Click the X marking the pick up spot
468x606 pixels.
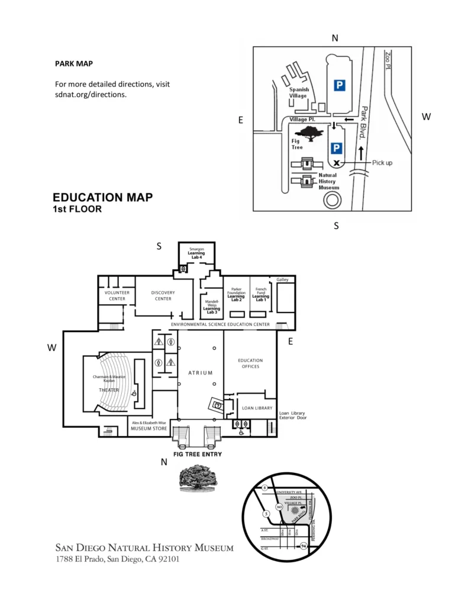coord(336,163)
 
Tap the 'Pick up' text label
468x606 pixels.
coord(382,163)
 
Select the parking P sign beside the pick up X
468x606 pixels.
coord(336,148)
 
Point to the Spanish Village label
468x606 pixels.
coord(299,92)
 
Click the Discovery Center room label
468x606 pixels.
coord(163,295)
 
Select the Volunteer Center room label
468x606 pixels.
coord(117,295)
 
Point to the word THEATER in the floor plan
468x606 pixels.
coord(109,390)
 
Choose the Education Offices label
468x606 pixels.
coord(250,363)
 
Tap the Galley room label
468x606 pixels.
coord(282,279)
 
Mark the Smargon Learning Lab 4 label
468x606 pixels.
coord(196,253)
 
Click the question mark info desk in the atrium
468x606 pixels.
coord(217,405)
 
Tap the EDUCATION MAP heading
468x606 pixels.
coord(102,198)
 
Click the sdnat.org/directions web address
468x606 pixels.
coord(91,94)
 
